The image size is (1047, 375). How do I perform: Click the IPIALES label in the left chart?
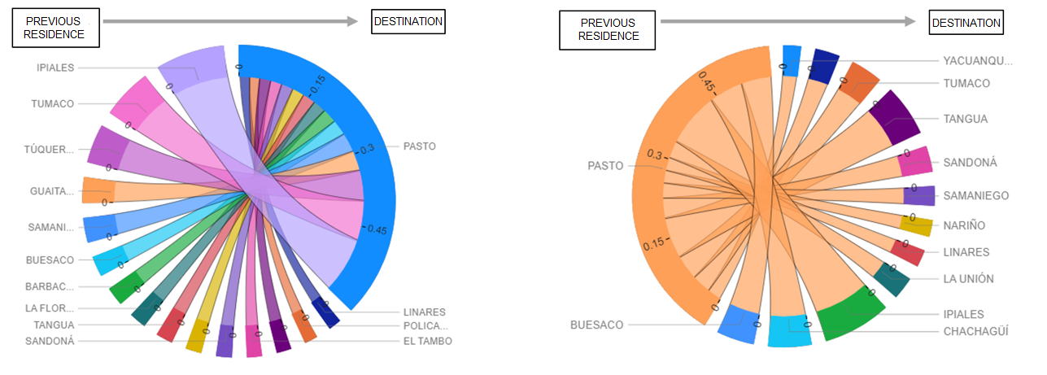pyautogui.click(x=55, y=68)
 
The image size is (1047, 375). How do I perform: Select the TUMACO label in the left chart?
pyautogui.click(x=53, y=103)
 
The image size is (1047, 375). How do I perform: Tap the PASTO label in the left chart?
pyautogui.click(x=420, y=146)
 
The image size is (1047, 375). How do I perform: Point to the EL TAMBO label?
pyautogui.click(x=427, y=341)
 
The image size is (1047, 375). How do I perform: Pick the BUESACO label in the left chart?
pyautogui.click(x=50, y=260)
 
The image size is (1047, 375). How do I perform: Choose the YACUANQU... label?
pyautogui.click(x=978, y=60)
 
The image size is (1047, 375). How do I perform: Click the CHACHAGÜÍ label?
pyautogui.click(x=975, y=331)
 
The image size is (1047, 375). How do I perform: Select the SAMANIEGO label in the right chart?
pyautogui.click(x=976, y=195)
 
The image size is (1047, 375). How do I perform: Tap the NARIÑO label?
pyautogui.click(x=964, y=225)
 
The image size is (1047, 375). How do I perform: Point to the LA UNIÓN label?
pyautogui.click(x=968, y=278)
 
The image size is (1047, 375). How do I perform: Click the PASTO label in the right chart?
pyautogui.click(x=605, y=165)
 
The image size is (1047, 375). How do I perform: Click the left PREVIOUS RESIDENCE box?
pyautogui.click(x=54, y=28)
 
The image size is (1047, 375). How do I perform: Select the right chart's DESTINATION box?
pyautogui.click(x=966, y=23)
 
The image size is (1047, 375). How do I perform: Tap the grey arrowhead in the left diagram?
pyautogui.click(x=351, y=22)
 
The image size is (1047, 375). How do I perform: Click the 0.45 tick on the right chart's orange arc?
pyautogui.click(x=706, y=85)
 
